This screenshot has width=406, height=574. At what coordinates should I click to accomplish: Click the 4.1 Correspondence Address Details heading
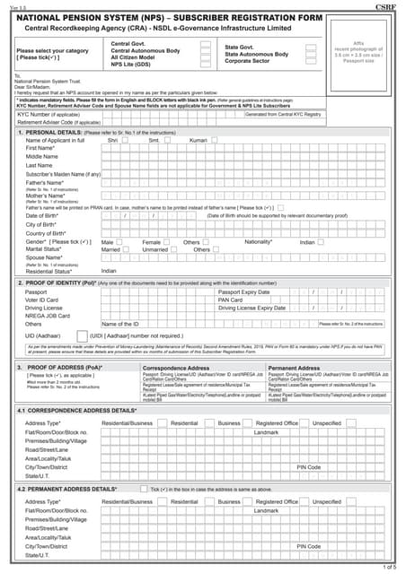(x=79, y=410)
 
